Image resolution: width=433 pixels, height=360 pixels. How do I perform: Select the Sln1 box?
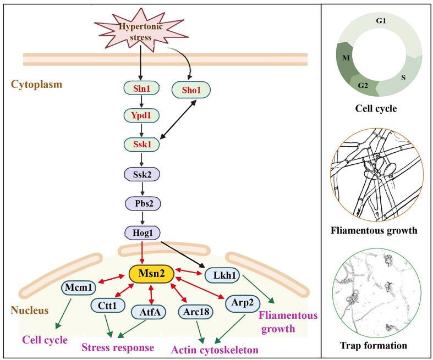pyautogui.click(x=141, y=89)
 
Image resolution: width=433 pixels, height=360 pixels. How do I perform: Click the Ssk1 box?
pyautogui.click(x=141, y=145)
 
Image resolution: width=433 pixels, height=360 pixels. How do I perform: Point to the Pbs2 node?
pyautogui.click(x=141, y=202)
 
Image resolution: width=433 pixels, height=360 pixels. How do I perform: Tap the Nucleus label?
pyautogui.click(x=31, y=310)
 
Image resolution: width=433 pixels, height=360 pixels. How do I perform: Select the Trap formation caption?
pyautogui.click(x=373, y=345)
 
